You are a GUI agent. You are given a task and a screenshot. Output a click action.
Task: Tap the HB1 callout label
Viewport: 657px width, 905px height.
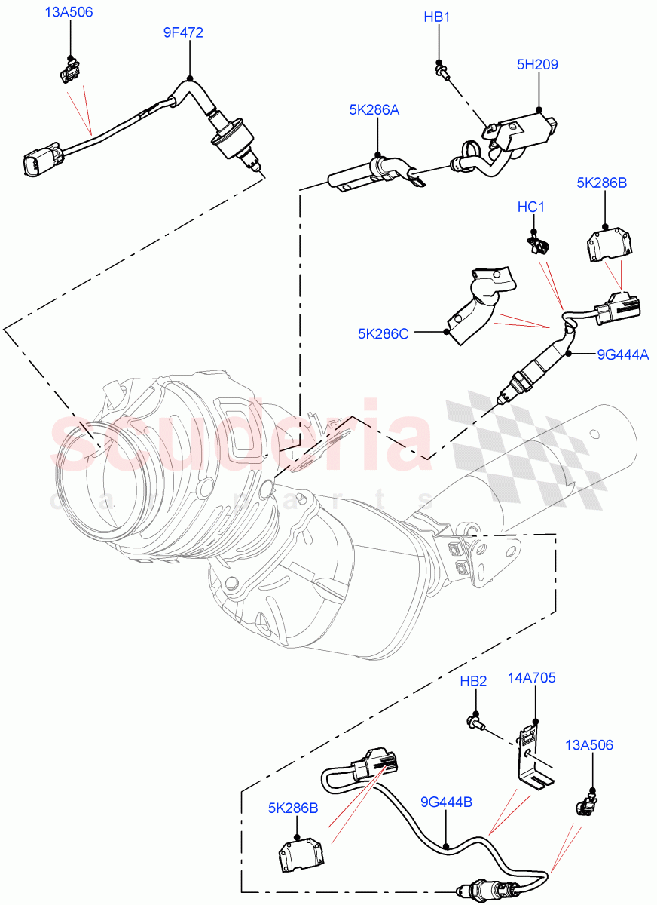tap(437, 17)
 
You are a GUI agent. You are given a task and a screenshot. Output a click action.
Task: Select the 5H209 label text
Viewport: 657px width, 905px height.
tap(537, 65)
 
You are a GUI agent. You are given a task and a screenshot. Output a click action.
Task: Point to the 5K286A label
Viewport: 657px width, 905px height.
tap(374, 110)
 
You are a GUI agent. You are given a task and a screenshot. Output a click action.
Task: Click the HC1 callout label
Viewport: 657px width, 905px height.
tap(531, 207)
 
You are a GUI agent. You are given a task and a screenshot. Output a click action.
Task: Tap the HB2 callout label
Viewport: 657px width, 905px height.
tap(474, 682)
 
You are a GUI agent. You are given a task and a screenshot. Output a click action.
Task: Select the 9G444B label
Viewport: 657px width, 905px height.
tap(447, 802)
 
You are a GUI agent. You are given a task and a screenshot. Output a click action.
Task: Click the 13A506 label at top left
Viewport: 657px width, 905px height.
tap(69, 13)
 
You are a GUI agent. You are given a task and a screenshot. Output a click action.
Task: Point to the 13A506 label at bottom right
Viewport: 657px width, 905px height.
tap(590, 745)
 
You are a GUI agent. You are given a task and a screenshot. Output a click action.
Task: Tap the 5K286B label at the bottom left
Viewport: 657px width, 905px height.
tap(292, 808)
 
